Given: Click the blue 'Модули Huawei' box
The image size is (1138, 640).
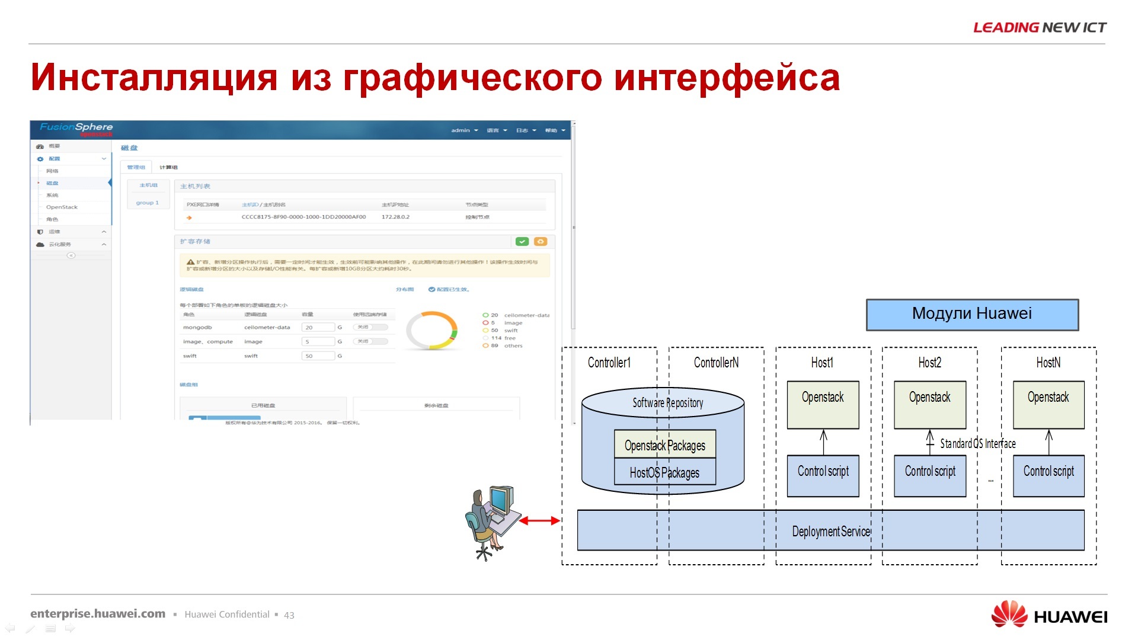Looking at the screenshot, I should click(x=972, y=314).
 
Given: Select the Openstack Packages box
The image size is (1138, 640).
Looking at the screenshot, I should click(x=664, y=444).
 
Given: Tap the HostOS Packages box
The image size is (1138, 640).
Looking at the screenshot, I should click(x=664, y=472).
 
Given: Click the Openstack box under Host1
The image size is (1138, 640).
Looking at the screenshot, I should click(x=823, y=405).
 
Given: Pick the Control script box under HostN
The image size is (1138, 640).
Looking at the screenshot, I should click(x=1049, y=475).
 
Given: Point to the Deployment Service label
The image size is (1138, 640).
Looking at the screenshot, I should click(x=831, y=531).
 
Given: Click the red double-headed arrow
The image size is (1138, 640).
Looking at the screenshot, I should click(x=539, y=521).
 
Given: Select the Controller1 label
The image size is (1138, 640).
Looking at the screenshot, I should click(x=609, y=363).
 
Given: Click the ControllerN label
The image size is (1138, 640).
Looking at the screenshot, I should click(x=716, y=363).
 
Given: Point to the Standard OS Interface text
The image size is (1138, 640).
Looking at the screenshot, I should click(x=977, y=443).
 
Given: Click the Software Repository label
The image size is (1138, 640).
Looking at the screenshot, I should click(x=667, y=403).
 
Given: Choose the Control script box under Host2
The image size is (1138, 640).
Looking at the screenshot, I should click(x=930, y=475).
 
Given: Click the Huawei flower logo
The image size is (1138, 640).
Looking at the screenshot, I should click(x=1009, y=614).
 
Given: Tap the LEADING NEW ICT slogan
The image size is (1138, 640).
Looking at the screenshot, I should click(x=1040, y=27).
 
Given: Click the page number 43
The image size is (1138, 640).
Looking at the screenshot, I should click(x=289, y=615).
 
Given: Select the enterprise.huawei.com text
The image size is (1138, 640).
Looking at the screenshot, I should click(x=98, y=614).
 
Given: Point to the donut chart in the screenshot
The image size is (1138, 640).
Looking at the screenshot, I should click(x=432, y=329).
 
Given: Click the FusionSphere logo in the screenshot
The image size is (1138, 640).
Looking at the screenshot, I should click(x=76, y=127).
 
